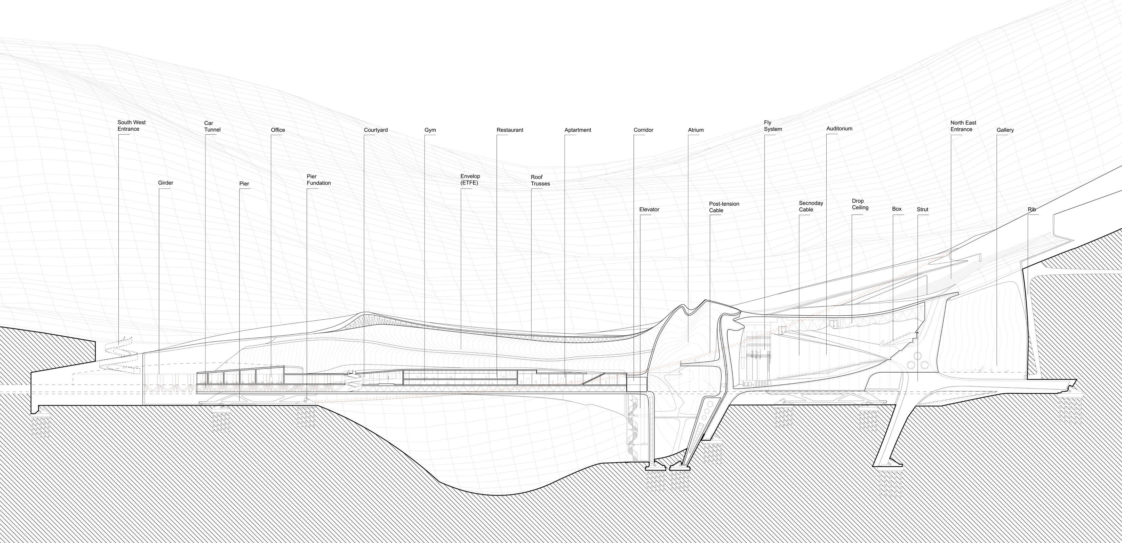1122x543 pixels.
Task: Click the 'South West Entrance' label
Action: [132, 126]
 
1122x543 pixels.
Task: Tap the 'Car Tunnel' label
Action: [212, 126]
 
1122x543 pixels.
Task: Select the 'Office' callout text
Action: [278, 130]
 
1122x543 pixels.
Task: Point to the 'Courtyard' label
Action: [375, 130]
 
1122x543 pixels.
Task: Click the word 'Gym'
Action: [430, 130]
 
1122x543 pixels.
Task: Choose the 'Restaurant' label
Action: [510, 130]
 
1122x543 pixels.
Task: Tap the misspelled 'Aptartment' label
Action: [577, 130]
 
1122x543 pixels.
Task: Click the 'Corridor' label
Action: [643, 130]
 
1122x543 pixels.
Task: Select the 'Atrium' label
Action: [695, 130]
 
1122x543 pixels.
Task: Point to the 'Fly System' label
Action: [773, 126]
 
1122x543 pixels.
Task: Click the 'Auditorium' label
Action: [839, 129]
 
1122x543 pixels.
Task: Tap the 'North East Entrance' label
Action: [963, 126]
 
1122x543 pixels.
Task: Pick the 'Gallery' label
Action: [1005, 130]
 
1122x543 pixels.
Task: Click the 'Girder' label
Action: [165, 183]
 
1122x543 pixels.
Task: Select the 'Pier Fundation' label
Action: [318, 180]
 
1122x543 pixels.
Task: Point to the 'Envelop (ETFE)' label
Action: [470, 180]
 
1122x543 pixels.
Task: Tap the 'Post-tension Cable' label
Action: [724, 207]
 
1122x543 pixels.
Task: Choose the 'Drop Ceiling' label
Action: [860, 204]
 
